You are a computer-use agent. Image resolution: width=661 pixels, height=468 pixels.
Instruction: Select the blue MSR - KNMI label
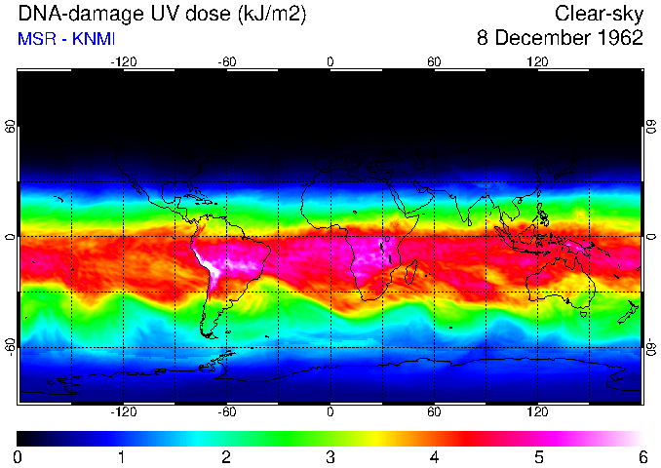(x=66, y=38)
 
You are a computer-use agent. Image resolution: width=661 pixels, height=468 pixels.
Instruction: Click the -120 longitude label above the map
(x=123, y=62)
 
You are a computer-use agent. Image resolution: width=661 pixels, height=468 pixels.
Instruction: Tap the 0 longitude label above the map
(x=330, y=62)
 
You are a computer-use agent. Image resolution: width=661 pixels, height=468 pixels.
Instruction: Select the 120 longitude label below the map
(x=537, y=412)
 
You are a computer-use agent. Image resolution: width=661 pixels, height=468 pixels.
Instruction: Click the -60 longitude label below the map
(x=226, y=412)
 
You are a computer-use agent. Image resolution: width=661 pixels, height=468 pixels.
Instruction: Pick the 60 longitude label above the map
(x=434, y=62)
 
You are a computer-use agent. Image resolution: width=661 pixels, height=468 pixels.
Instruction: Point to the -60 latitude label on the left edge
(x=11, y=347)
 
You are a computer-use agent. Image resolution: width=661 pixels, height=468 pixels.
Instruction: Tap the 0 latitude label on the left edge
(x=11, y=237)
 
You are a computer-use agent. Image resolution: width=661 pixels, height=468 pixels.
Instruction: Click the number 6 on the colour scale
(x=642, y=456)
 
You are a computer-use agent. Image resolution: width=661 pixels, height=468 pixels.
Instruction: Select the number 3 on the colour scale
(x=330, y=456)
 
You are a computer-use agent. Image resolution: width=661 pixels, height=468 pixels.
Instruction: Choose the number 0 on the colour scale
(x=18, y=456)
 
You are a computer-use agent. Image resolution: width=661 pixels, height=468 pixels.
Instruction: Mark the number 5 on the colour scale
(x=538, y=456)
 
